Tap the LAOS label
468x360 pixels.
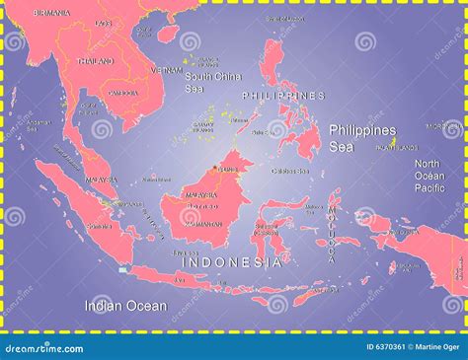pyautogui.click(x=104, y=22)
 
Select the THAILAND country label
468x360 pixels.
pyautogui.click(x=97, y=60)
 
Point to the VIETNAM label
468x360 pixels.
pyautogui.click(x=166, y=70)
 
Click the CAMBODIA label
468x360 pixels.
pyautogui.click(x=123, y=93)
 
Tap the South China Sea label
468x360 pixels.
pyautogui.click(x=211, y=82)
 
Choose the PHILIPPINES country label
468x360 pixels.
pyautogui.click(x=283, y=96)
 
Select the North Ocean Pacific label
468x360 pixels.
pyautogui.click(x=429, y=175)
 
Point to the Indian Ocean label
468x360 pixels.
pyautogui.click(x=125, y=306)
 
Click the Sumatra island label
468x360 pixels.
pyautogui.click(x=98, y=225)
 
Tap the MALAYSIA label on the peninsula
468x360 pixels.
pyautogui.click(x=102, y=180)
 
